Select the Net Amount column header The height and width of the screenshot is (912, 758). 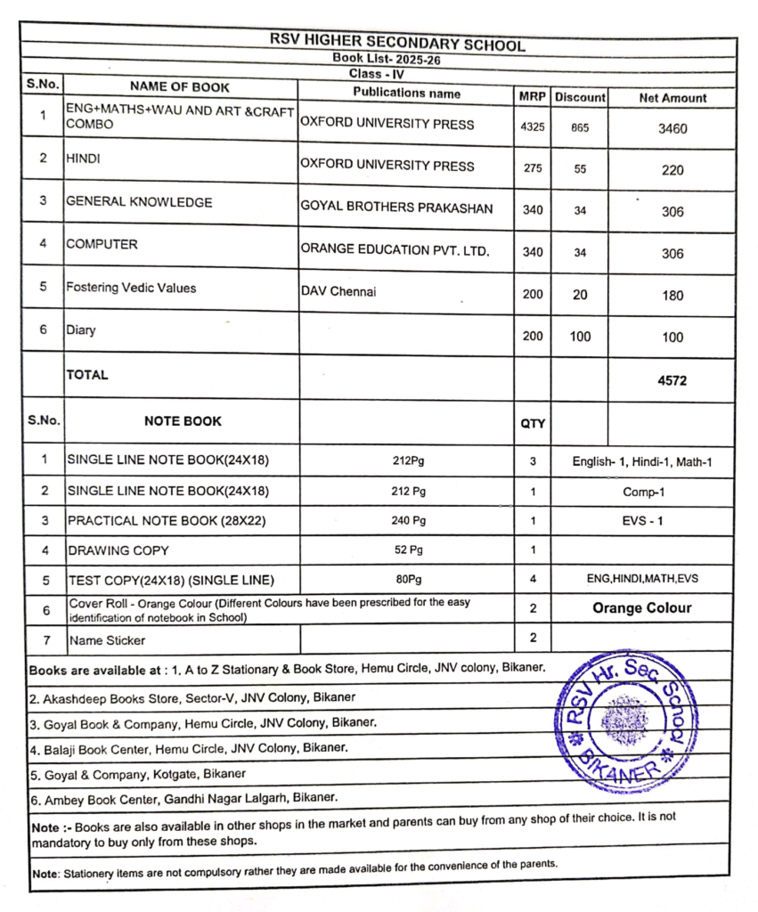tap(672, 98)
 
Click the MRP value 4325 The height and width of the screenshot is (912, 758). tap(532, 127)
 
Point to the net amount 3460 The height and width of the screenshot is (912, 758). tap(672, 128)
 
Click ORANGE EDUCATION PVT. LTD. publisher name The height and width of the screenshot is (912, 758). tap(395, 251)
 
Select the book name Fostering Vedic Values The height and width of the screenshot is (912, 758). tap(131, 288)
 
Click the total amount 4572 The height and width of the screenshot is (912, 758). tap(672, 380)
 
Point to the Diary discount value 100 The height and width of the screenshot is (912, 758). tap(580, 337)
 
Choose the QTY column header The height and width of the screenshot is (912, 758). tap(533, 424)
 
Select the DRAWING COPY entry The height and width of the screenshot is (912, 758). tap(118, 550)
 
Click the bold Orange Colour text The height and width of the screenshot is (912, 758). tap(641, 608)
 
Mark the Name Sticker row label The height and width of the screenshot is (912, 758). tap(107, 639)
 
